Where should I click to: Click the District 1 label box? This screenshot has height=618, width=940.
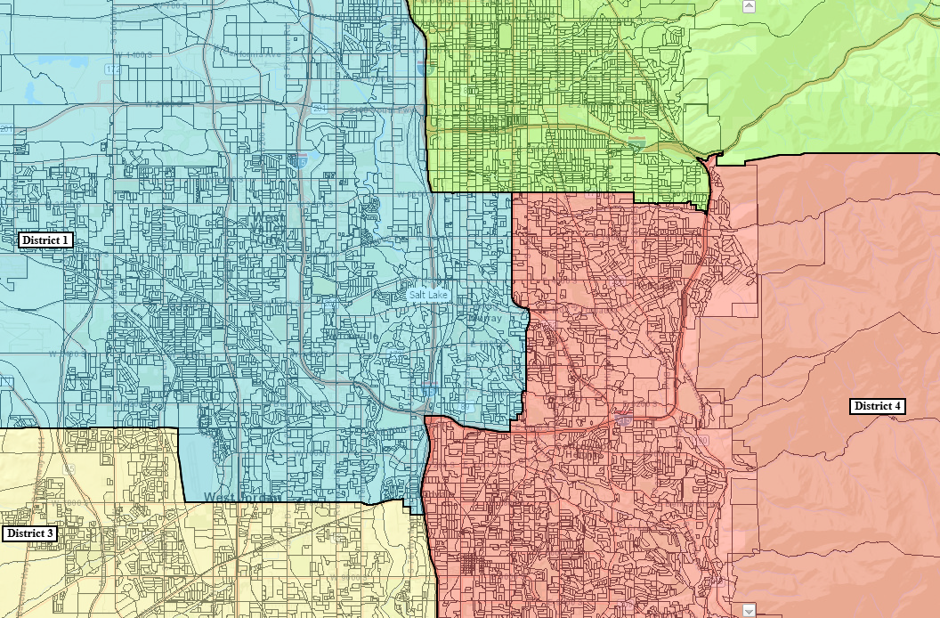click(45, 240)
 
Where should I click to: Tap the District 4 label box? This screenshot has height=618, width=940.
click(878, 406)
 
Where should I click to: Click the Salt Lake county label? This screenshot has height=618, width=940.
click(428, 295)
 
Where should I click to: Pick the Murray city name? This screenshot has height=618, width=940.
click(489, 318)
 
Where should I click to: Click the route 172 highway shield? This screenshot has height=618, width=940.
click(111, 69)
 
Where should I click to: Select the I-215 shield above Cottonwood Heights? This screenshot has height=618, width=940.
click(623, 416)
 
